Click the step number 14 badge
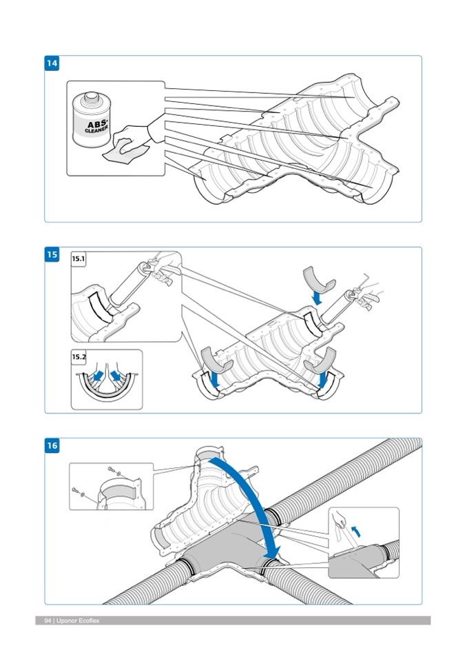pyautogui.click(x=52, y=63)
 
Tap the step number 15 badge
pyautogui.click(x=52, y=255)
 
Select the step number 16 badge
pyautogui.click(x=52, y=446)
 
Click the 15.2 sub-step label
pyautogui.click(x=79, y=357)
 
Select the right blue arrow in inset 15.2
pyautogui.click(x=116, y=376)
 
